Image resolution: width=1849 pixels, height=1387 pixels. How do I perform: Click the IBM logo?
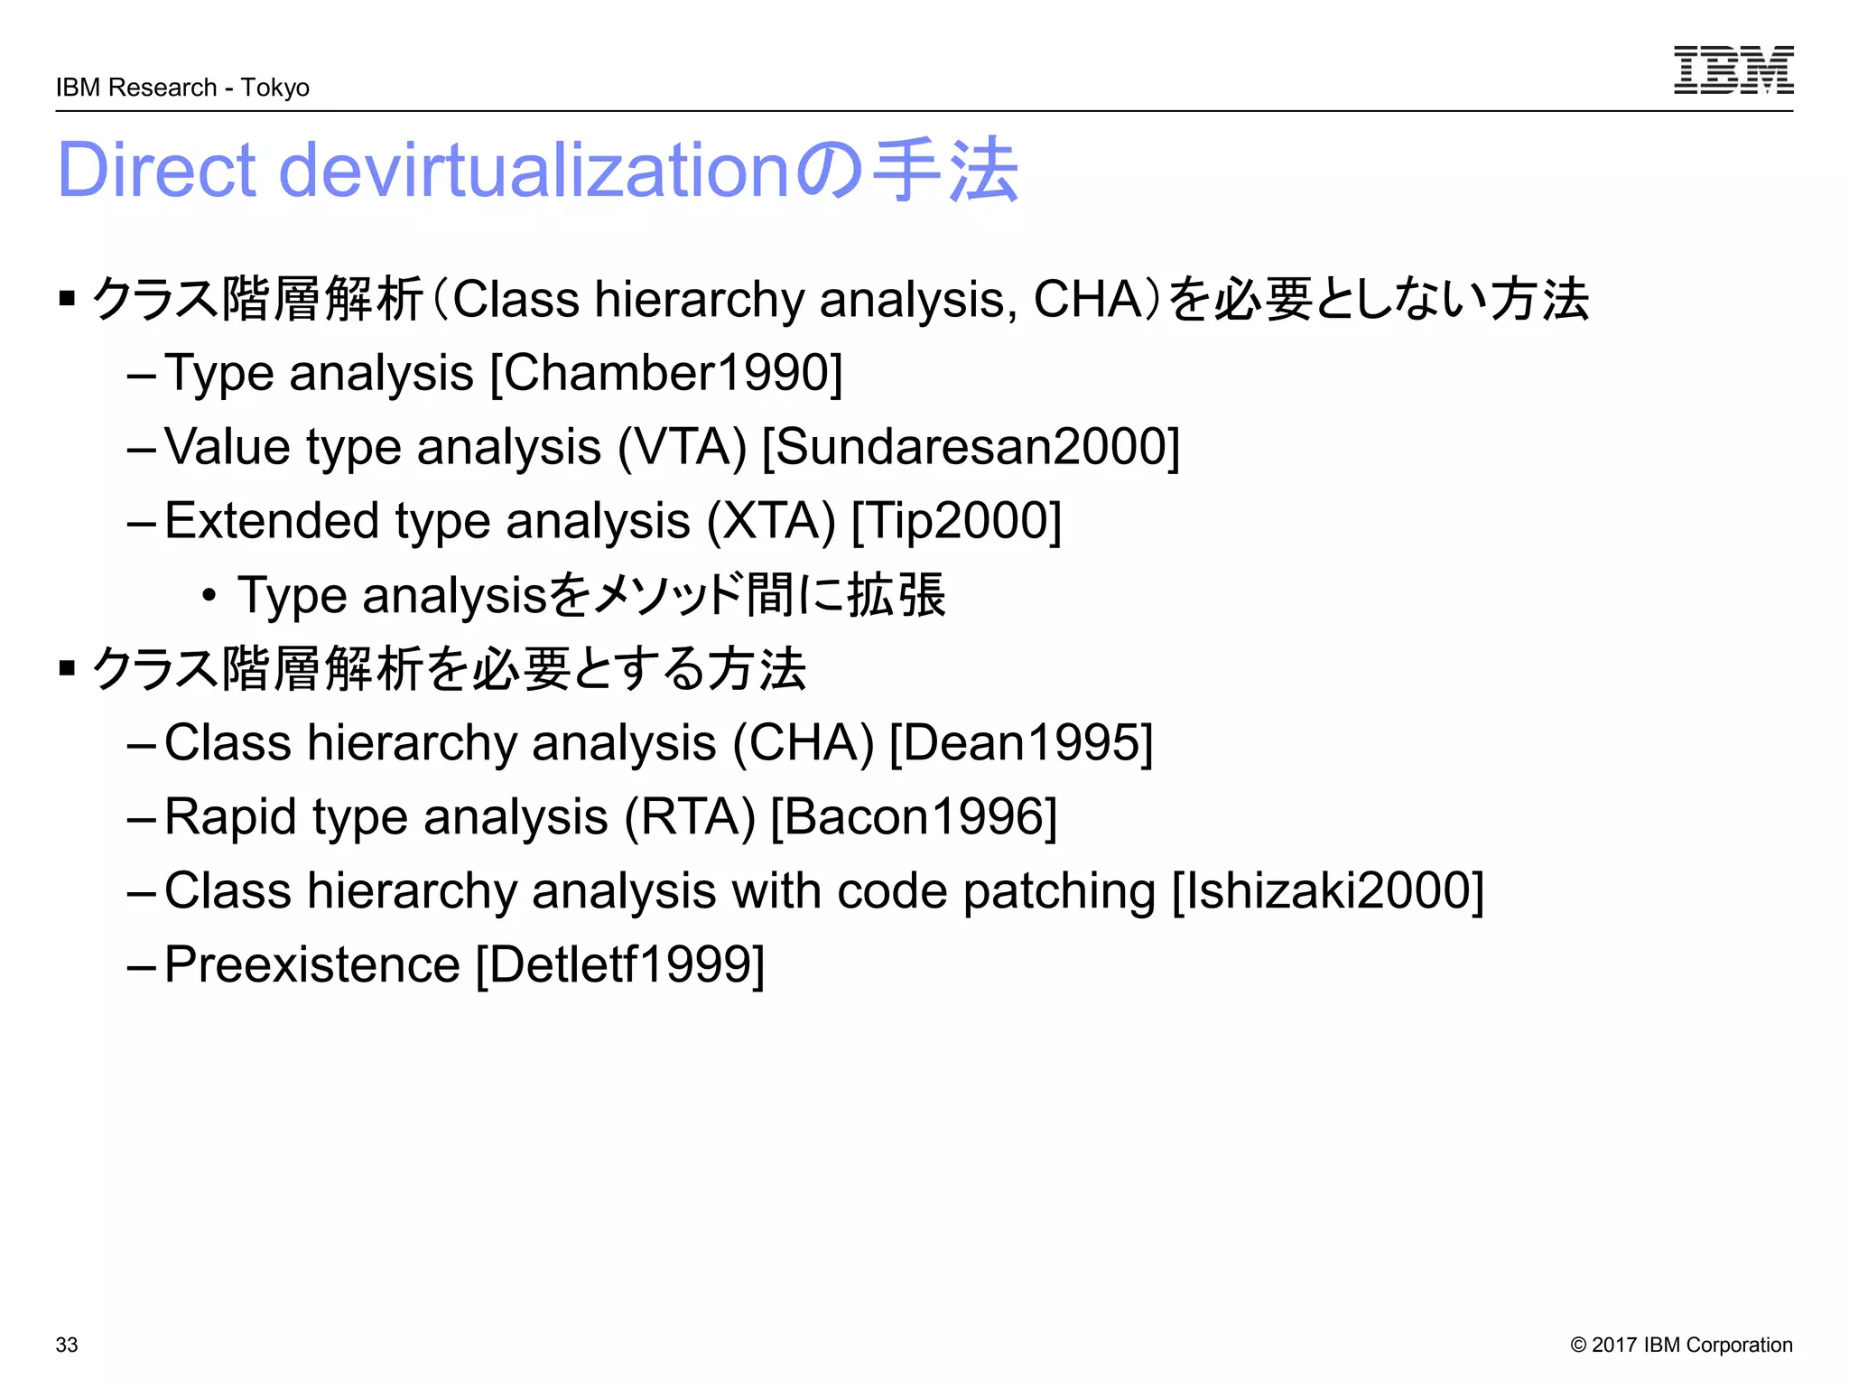[1733, 70]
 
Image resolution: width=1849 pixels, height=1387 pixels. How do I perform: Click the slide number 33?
[67, 1345]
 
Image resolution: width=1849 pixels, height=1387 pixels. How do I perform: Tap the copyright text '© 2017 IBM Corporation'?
[1681, 1345]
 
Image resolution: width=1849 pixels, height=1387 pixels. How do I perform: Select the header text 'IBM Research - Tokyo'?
[182, 88]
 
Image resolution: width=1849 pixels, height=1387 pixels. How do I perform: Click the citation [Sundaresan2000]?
[971, 447]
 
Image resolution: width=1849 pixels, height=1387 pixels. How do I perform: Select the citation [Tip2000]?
[956, 521]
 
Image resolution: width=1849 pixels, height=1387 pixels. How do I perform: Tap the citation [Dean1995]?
[1021, 743]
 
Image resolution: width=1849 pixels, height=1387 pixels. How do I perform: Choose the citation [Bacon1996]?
[914, 817]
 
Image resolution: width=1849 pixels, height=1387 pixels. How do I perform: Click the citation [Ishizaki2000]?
[1327, 891]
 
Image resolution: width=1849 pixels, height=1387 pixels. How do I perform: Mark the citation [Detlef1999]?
[620, 965]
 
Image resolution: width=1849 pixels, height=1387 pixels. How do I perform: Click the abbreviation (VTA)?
[682, 447]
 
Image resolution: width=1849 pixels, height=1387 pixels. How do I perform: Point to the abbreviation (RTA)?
[690, 817]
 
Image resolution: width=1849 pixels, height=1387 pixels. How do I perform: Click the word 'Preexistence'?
[312, 965]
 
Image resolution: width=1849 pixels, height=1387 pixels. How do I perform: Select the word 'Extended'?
[272, 521]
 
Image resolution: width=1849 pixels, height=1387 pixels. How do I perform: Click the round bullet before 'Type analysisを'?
[209, 596]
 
